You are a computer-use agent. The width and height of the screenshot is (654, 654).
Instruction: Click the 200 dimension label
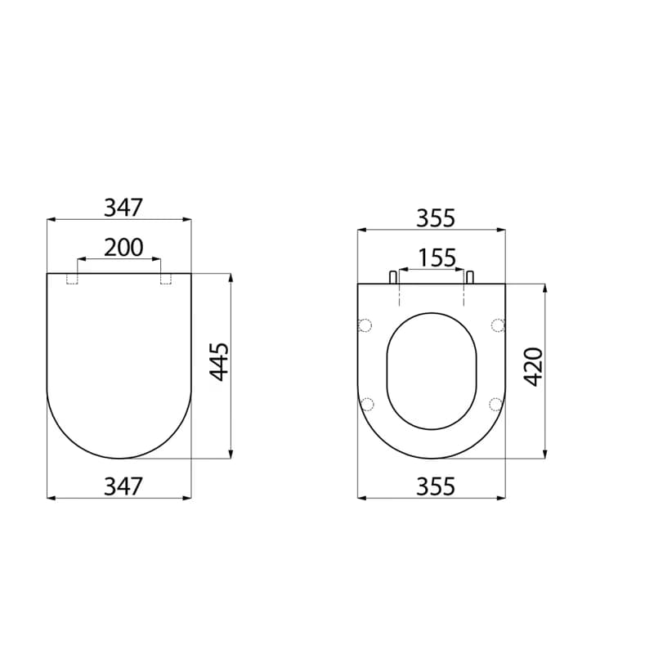pos(123,248)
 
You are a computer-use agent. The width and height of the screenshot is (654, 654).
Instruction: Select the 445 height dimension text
pos(219,362)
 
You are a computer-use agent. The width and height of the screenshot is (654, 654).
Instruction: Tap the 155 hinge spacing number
pos(437,258)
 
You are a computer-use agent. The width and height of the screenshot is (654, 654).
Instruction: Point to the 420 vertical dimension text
pos(533,367)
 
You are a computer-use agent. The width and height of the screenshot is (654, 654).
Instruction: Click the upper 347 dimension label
pos(123,208)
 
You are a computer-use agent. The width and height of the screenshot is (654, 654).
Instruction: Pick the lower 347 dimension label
pos(123,486)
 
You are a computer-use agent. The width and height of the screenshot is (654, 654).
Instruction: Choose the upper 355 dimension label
pos(436,218)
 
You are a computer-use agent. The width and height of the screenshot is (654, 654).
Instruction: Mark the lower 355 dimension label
pos(436,486)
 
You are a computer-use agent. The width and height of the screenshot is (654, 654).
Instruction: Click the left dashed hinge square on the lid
pos(72,279)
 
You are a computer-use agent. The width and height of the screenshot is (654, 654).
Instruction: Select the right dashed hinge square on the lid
pos(166,279)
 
